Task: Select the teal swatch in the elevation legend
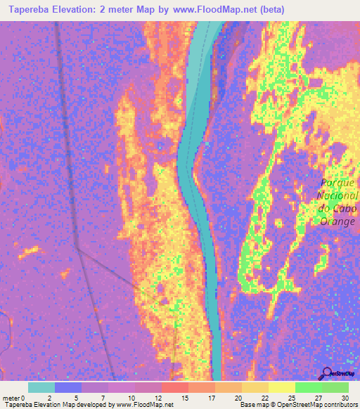(41, 387)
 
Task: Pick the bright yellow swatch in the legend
(281, 387)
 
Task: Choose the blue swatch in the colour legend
(68, 387)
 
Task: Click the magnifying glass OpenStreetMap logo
(326, 373)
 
